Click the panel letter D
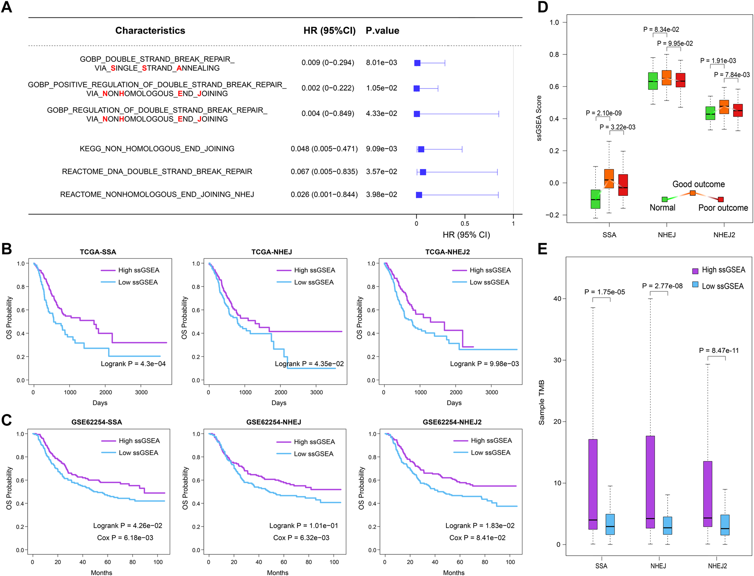(x=543, y=7)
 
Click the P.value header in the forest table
(x=382, y=31)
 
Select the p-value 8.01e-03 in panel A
(x=381, y=63)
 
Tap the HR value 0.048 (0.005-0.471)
(x=324, y=149)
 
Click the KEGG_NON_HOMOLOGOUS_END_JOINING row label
(x=157, y=149)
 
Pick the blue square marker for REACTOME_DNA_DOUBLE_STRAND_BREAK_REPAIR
(x=423, y=172)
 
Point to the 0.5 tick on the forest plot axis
(x=465, y=224)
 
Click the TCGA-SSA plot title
(x=98, y=252)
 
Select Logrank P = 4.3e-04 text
(x=133, y=364)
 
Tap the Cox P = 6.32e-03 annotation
(x=301, y=538)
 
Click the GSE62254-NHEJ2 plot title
(x=452, y=422)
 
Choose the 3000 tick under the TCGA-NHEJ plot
(x=316, y=392)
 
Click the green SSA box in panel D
(x=595, y=199)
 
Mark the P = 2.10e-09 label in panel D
(x=603, y=113)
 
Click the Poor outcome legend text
(x=723, y=208)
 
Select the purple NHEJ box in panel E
(x=650, y=482)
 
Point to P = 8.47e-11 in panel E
(x=719, y=350)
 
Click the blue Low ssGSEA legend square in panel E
(x=695, y=285)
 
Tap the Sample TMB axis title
(x=542, y=402)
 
